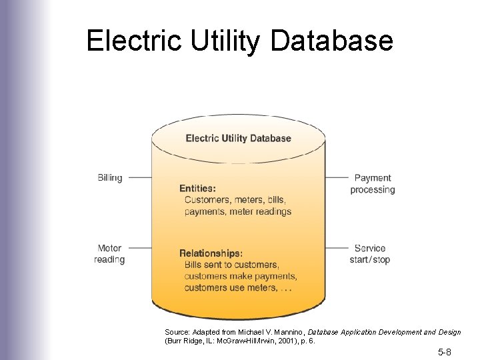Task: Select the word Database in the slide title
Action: click(x=333, y=41)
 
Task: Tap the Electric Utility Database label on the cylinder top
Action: click(x=238, y=139)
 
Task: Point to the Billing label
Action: click(x=110, y=178)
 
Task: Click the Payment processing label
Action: click(x=373, y=184)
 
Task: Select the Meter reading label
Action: click(x=109, y=254)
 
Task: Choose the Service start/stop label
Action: click(x=370, y=254)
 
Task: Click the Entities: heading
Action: click(x=197, y=189)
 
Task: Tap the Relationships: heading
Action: click(x=211, y=253)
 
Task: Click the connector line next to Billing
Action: click(x=140, y=178)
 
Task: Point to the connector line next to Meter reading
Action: click(x=140, y=249)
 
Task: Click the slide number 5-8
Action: click(x=445, y=351)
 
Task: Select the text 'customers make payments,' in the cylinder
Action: click(x=241, y=276)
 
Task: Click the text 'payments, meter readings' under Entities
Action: click(x=238, y=211)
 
